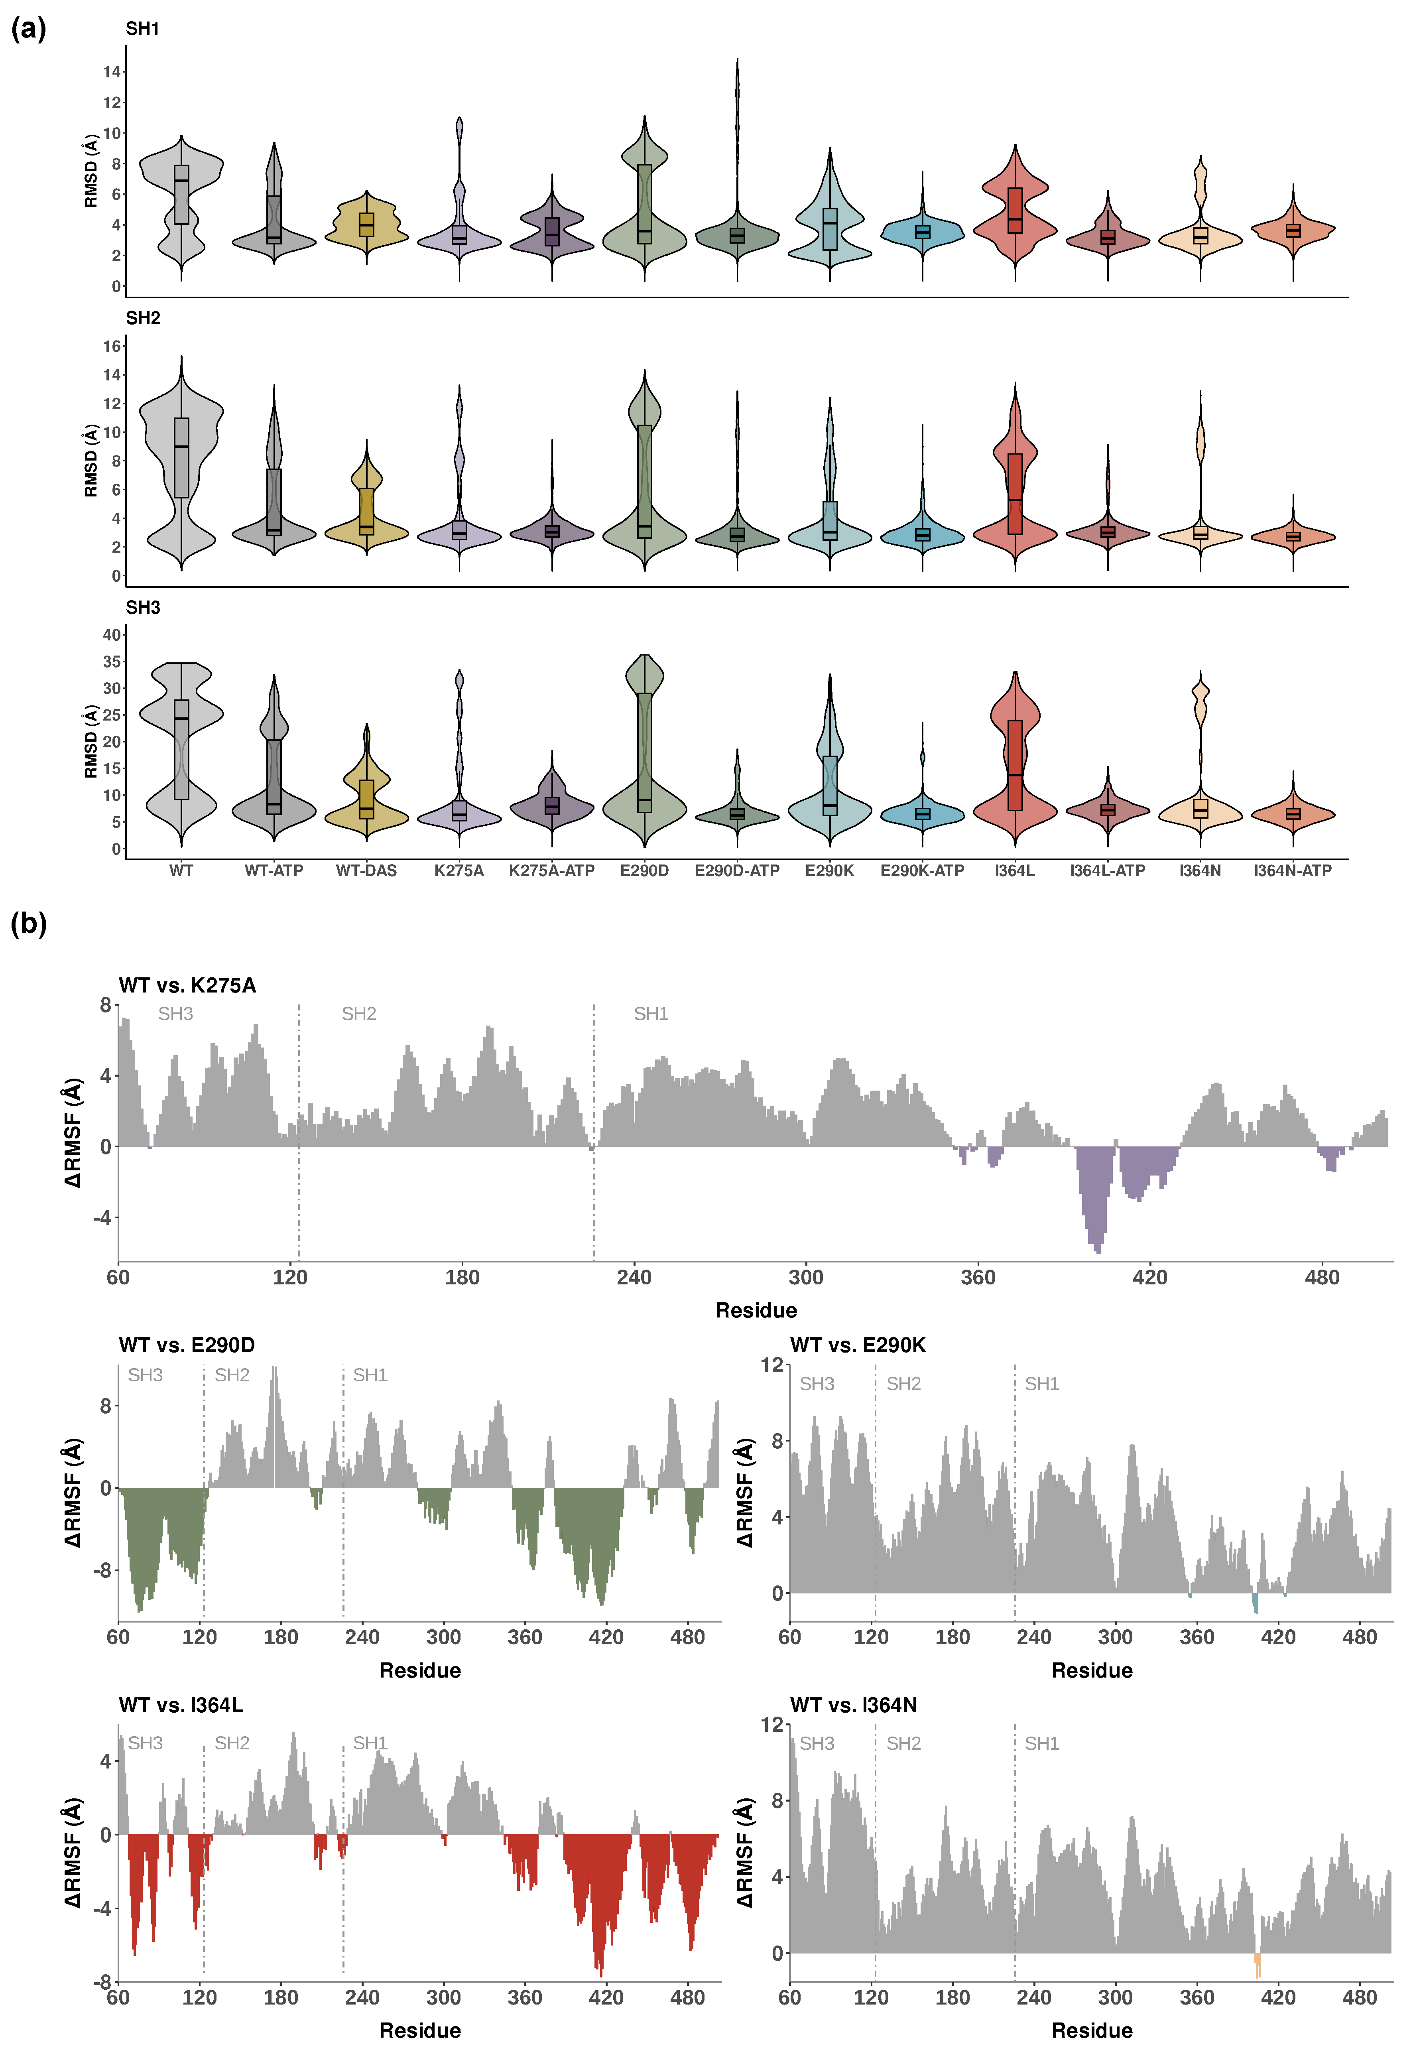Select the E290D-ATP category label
(736, 870)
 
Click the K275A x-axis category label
(459, 870)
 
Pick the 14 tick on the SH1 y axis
(112, 72)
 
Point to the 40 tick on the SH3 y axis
(112, 635)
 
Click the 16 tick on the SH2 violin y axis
(112, 346)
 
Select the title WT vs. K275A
(187, 986)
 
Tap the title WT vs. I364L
(181, 1705)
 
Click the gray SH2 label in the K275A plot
(358, 1014)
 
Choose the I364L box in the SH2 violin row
(1015, 494)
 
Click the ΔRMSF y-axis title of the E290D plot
(73, 1492)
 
